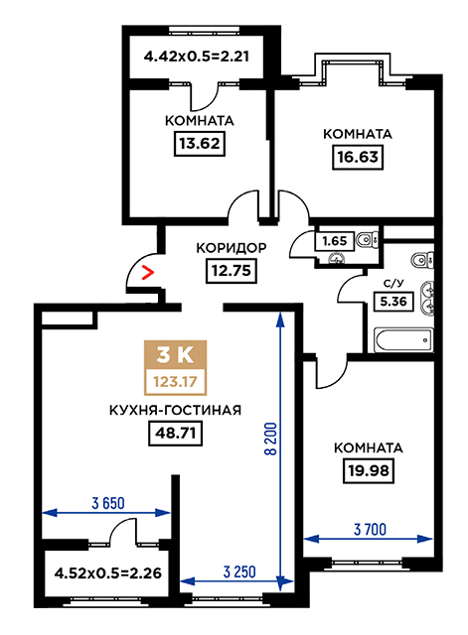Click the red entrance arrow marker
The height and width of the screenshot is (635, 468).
click(x=148, y=273)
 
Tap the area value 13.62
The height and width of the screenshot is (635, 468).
click(x=200, y=143)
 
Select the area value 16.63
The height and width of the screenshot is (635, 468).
click(x=358, y=157)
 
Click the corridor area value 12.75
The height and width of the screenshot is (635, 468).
click(x=232, y=270)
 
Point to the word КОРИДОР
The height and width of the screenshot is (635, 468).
click(x=232, y=248)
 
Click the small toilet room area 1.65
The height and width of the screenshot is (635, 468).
click(x=335, y=241)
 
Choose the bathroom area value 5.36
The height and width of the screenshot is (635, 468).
click(x=393, y=302)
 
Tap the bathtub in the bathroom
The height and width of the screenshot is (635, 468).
click(x=403, y=339)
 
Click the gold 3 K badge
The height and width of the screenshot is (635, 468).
click(x=176, y=355)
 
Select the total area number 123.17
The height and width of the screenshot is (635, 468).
click(x=176, y=381)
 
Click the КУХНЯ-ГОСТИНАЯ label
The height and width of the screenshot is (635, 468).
click(x=175, y=410)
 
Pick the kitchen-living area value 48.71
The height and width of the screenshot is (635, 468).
click(x=175, y=434)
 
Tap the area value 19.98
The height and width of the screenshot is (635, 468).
click(x=369, y=471)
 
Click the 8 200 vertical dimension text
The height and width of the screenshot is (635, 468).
click(x=271, y=439)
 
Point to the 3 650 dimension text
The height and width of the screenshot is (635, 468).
click(x=108, y=503)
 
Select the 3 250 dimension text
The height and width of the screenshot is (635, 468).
click(x=239, y=571)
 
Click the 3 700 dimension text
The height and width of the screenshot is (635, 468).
click(x=371, y=529)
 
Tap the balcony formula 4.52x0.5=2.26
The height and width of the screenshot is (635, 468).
click(x=108, y=573)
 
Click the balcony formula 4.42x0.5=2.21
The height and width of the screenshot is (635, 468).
click(x=197, y=56)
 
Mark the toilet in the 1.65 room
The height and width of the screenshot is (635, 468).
click(x=367, y=240)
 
